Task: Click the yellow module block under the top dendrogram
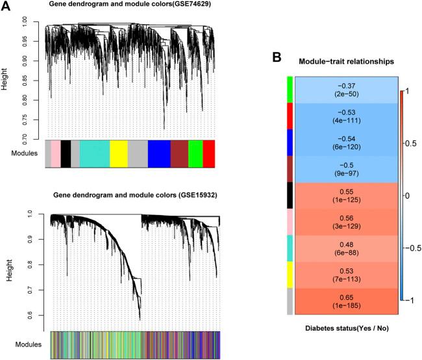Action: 119,154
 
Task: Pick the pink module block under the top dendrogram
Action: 56,154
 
